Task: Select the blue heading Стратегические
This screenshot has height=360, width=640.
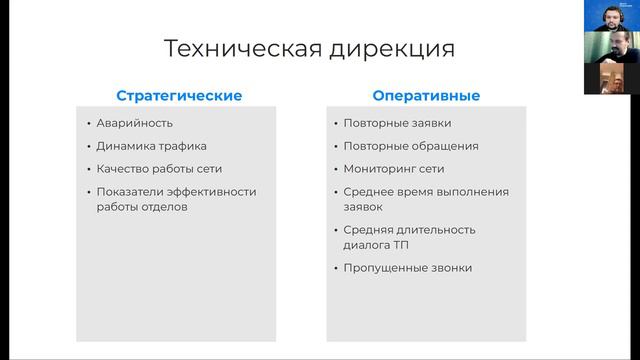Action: pyautogui.click(x=179, y=96)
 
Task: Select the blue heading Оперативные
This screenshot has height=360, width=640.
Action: pyautogui.click(x=426, y=96)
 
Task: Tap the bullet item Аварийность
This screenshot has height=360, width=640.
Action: pyautogui.click(x=135, y=123)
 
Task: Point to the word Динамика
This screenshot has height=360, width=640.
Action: pyautogui.click(x=125, y=146)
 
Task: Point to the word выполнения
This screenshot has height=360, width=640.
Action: pyautogui.click(x=473, y=191)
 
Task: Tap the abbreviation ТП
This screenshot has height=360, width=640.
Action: pyautogui.click(x=401, y=244)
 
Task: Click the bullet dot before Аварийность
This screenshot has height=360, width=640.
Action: pyautogui.click(x=88, y=123)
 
